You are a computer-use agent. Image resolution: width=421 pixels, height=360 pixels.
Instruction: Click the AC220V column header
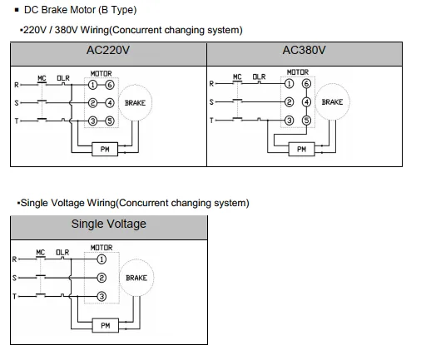tap(108, 50)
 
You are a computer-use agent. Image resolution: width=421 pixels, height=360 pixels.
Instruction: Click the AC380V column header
tap(305, 50)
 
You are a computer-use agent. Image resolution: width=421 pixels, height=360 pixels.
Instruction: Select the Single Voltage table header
tap(109, 224)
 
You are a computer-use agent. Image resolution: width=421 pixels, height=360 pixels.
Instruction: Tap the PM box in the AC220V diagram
tap(105, 149)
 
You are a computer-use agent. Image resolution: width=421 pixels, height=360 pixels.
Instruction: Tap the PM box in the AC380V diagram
tap(301, 149)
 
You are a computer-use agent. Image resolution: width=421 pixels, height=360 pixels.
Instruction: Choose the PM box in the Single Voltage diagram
tap(106, 325)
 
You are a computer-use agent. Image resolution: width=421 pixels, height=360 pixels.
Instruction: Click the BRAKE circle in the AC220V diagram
tap(135, 103)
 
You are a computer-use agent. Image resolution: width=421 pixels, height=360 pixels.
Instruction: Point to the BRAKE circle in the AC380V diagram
tap(332, 102)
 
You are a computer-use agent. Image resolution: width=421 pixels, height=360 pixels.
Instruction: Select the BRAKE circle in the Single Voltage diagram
tap(136, 278)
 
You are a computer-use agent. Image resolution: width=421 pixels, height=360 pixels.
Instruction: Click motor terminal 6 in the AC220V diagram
tap(110, 85)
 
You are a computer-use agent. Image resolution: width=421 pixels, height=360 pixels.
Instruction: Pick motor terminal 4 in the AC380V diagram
tap(306, 102)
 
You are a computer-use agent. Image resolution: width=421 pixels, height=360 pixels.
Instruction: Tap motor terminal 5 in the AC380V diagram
tap(306, 121)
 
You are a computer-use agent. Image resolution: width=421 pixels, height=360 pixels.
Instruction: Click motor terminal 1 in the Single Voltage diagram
tap(102, 259)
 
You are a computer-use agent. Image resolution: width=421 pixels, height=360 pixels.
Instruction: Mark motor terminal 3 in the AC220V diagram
tap(93, 121)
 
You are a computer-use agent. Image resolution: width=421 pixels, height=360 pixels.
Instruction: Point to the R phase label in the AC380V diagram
tap(211, 83)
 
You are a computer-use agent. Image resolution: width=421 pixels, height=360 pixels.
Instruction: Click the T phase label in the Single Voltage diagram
tap(14, 296)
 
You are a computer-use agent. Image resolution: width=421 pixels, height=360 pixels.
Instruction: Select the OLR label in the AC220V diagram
tap(63, 78)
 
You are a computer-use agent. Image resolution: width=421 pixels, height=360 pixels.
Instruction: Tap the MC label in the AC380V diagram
tap(237, 76)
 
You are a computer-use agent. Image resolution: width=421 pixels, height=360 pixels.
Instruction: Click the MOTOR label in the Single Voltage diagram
tap(102, 248)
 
